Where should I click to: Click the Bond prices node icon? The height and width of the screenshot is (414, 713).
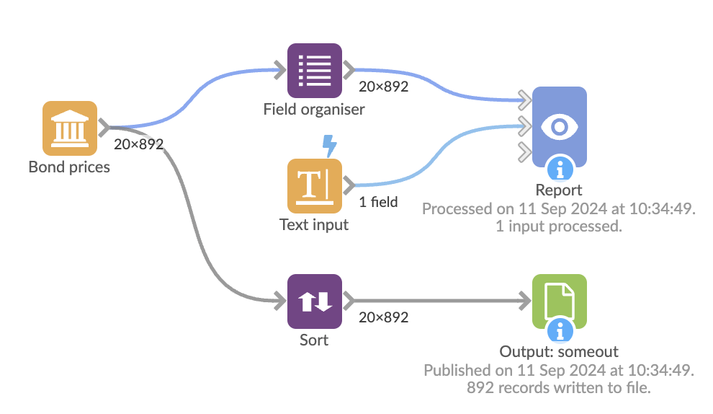[69, 128]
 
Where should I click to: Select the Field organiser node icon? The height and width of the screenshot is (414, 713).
[314, 70]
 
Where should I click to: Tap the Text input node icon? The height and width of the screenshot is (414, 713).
[314, 185]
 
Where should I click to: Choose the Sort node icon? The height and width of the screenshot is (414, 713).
[314, 301]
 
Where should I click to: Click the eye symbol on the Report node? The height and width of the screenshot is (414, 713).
[559, 127]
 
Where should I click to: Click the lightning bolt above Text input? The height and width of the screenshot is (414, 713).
[329, 145]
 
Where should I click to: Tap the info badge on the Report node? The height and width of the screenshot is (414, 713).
[560, 169]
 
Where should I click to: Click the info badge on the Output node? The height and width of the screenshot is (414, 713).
[560, 331]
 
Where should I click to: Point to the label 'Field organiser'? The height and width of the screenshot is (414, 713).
[314, 110]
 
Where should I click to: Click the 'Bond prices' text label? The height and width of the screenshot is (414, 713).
[69, 167]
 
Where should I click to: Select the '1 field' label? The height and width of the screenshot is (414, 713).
[378, 202]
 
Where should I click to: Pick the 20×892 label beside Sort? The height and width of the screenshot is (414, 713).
[383, 317]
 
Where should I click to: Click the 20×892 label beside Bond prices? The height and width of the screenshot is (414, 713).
[139, 144]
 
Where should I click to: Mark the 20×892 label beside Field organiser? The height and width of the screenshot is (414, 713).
[383, 87]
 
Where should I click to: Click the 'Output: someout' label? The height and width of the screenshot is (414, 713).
[559, 352]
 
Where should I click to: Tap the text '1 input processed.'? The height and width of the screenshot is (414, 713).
[559, 226]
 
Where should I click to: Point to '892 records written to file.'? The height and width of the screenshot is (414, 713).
[559, 387]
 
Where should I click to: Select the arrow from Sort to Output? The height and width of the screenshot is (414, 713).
[439, 301]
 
